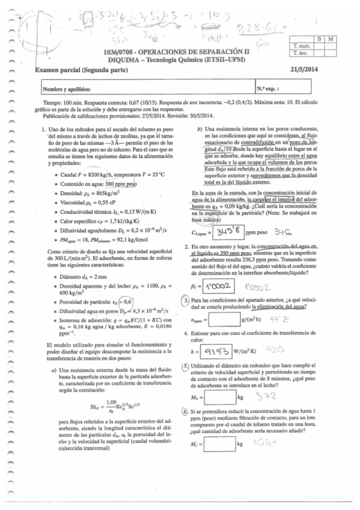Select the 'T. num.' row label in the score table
pos(301,46)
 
